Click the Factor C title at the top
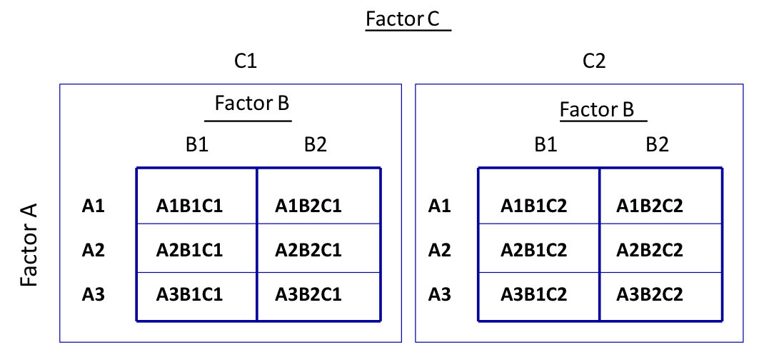click(403, 19)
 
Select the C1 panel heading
click(245, 62)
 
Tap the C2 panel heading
click(593, 62)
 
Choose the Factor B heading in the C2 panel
click(597, 110)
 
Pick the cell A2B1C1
click(189, 250)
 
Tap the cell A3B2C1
click(308, 294)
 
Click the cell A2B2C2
click(650, 250)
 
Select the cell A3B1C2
click(534, 294)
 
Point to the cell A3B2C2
click(650, 294)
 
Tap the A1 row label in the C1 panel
click(94, 207)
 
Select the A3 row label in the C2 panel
click(439, 294)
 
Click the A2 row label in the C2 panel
click(439, 250)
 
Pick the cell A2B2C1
click(308, 250)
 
